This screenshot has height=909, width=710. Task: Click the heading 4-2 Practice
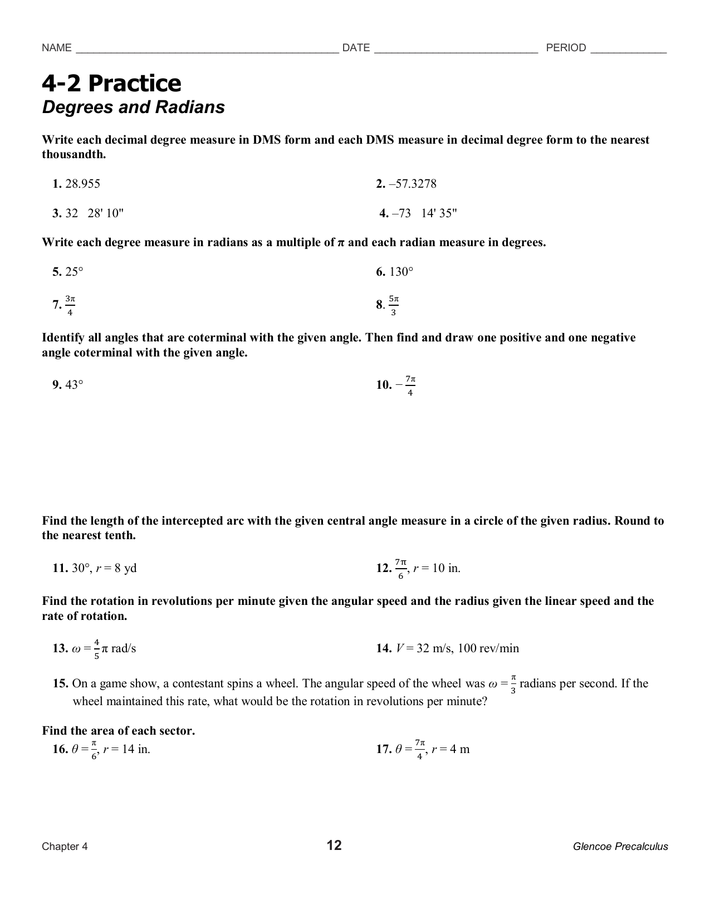pyautogui.click(x=111, y=84)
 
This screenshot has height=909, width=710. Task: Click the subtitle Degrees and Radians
pyautogui.click(x=133, y=107)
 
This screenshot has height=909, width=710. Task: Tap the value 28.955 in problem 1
pyautogui.click(x=83, y=184)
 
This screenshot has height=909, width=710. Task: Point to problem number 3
pyautogui.click(x=56, y=213)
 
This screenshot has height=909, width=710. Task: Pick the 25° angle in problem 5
pyautogui.click(x=74, y=272)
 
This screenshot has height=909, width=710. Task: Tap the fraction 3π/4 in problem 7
pyautogui.click(x=70, y=305)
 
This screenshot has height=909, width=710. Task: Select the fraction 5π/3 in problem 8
pyautogui.click(x=393, y=305)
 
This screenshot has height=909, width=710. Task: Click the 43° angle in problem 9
pyautogui.click(x=74, y=385)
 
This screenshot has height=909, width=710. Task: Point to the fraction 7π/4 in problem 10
pyautogui.click(x=410, y=385)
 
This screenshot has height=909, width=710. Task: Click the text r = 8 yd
pyautogui.click(x=116, y=568)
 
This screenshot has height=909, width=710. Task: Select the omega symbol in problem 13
pyautogui.click(x=77, y=649)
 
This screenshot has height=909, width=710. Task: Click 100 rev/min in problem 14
pyautogui.click(x=488, y=648)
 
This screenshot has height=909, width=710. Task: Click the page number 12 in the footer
pyautogui.click(x=334, y=846)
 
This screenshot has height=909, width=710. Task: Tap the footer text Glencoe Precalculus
pyautogui.click(x=620, y=847)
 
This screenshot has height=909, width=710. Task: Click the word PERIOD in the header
pyautogui.click(x=566, y=48)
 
